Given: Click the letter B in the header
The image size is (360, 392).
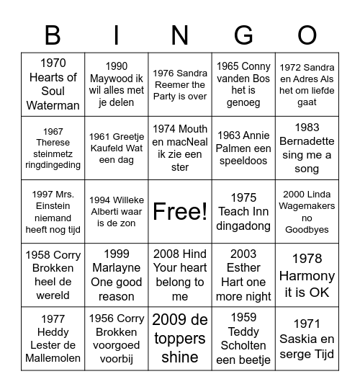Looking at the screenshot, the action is pos(53,35).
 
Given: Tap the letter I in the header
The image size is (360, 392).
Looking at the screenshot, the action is pos(117,35).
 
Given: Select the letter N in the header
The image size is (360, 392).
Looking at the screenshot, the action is pos(180,35).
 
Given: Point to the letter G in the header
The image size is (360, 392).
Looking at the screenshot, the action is pos(243,35).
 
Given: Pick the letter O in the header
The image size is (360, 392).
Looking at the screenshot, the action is pos(307,35).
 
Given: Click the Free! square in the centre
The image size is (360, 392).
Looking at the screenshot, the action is pos(180,211).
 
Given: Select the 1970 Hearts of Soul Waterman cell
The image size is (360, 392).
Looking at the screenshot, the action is pos(53,84).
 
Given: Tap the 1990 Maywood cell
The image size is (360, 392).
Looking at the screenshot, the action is pos(117,84).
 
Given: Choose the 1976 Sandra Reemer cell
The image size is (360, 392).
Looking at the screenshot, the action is pos(180,84).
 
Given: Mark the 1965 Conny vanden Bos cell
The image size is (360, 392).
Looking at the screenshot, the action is pos(243,84).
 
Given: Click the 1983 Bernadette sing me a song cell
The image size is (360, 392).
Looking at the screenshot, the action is pos(307,148).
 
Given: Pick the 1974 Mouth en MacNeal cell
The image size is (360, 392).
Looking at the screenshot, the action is pos(180,148).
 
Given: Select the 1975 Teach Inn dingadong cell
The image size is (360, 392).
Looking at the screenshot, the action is pos(243,211).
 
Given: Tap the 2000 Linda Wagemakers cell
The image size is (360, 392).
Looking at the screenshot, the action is pos(307,211).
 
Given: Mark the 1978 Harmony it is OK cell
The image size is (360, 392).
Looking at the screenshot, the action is pos(307,275).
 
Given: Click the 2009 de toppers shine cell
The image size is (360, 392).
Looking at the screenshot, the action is pos(180,338).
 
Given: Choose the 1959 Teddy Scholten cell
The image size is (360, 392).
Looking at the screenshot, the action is pos(243,338).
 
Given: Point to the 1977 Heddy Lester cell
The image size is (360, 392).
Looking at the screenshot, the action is pos(53,338).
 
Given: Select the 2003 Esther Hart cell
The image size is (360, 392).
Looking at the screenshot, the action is pos(243,275).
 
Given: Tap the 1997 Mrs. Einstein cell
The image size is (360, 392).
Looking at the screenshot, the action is pos(53,211).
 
